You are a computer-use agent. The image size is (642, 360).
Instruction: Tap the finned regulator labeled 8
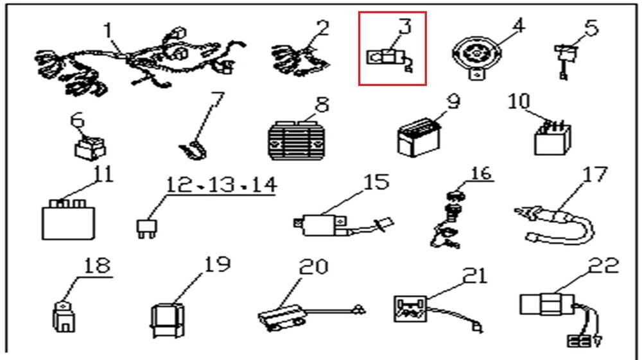[x=297, y=137]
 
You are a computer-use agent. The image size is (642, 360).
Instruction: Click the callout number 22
[x=603, y=266]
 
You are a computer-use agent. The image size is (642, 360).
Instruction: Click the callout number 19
[x=216, y=264]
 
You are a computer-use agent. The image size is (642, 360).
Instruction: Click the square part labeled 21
[x=410, y=307]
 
